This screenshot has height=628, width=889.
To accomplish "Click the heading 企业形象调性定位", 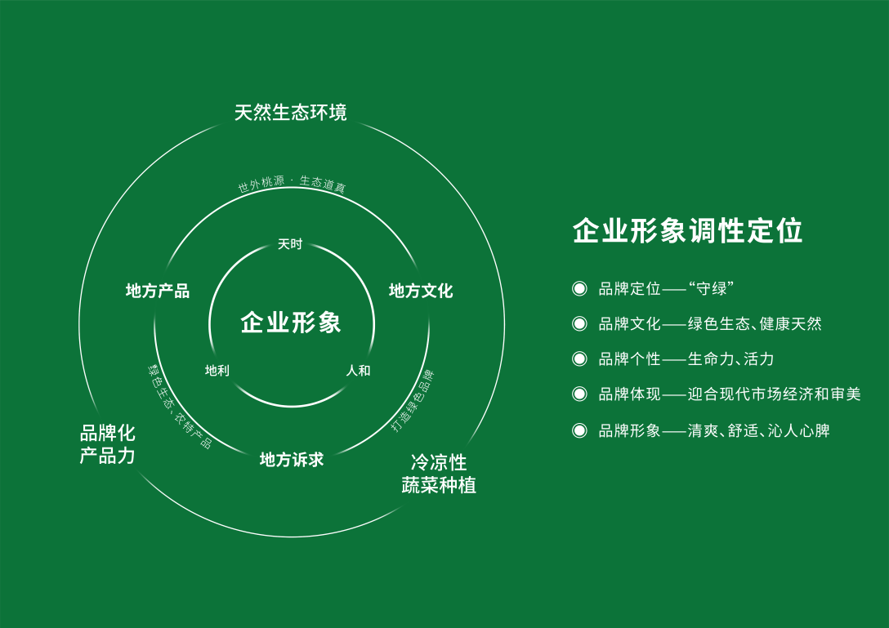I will point(687,230).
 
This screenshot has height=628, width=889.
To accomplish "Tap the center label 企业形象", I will point(291,323).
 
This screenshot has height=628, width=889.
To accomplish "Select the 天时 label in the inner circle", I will point(290,244).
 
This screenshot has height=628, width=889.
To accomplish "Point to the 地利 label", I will point(217,371).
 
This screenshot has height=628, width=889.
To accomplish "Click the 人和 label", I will point(358,371).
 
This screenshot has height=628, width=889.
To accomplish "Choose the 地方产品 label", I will point(158,291).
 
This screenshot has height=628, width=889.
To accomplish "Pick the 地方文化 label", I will point(421,291).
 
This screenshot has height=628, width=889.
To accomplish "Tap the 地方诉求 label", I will point(292,460).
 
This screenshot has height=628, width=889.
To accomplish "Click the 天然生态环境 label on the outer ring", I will point(291,112).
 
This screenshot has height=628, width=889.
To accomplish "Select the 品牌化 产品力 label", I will point(108,444).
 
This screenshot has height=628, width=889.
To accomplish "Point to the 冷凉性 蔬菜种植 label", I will point(439,474).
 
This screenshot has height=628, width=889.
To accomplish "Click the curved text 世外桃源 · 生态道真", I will point(292,184).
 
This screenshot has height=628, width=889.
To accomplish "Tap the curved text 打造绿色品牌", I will point(413,400).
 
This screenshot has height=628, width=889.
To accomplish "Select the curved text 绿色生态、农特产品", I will point(179,406).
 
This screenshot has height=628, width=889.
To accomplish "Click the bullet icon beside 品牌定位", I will point(579,288).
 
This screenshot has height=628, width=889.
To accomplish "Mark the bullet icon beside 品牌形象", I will point(579,430).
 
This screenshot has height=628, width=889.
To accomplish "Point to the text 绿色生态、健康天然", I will point(754,324).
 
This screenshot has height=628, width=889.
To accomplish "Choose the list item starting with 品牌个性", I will point(686,359).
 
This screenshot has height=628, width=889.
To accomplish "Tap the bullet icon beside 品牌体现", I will point(579,394).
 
